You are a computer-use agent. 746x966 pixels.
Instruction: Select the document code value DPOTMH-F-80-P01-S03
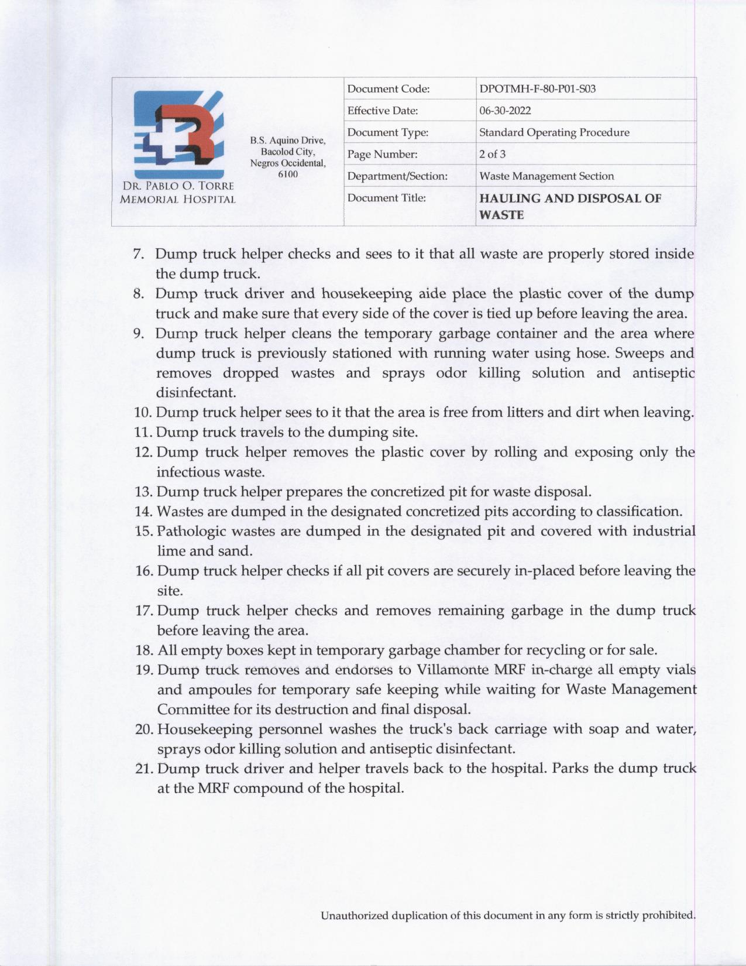click(537, 89)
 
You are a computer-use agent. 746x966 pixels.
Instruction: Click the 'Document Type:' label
click(387, 132)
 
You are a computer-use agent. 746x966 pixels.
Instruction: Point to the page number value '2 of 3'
click(492, 154)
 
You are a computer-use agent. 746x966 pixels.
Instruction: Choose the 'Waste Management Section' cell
click(546, 176)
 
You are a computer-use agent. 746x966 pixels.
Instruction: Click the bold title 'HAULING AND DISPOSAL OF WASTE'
click(570, 205)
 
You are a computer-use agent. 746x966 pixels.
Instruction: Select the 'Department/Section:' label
click(397, 176)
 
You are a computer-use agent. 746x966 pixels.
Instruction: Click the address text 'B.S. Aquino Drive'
click(287, 141)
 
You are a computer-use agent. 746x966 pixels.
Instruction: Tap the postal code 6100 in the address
click(288, 174)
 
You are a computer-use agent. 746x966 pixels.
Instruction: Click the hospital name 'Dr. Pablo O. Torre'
click(178, 186)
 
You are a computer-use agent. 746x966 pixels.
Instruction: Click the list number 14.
click(143, 512)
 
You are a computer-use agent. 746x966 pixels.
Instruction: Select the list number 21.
click(144, 769)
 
